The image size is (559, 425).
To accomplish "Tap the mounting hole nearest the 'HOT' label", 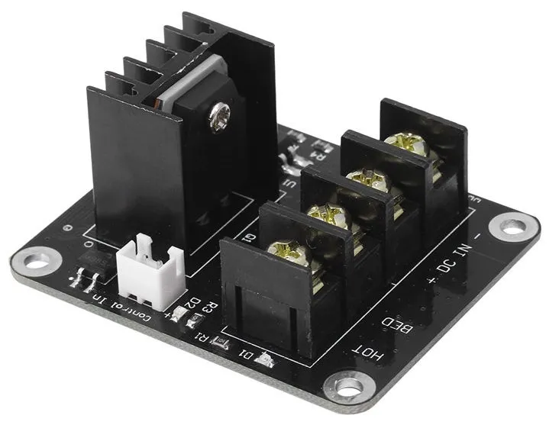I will coord(348,387).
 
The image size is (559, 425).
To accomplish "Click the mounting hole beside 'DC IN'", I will coord(513,225).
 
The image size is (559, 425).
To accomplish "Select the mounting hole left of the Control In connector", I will coord(37,262).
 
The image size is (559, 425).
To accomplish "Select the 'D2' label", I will coord(195,304).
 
